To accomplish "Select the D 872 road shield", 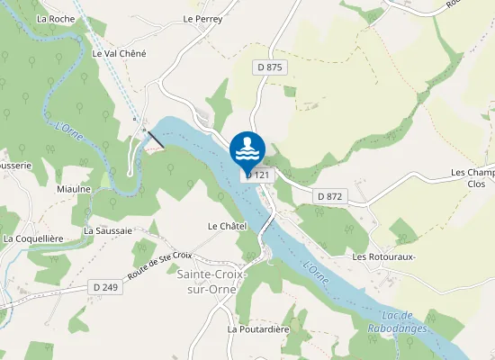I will pos(331,195).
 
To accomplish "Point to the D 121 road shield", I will pos(258,175).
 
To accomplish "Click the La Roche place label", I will pos(56,18).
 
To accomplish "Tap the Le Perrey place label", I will pos(202,18).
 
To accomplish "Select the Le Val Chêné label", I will pos(119,53).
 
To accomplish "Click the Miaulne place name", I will pos(74,189).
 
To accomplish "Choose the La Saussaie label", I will pos(108,230).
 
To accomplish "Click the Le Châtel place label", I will pos(227,226).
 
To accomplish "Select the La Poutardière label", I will pos(257,329).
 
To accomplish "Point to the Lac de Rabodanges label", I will pos(397,321).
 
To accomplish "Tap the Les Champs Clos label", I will pos(473,177).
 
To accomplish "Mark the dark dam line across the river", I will pos(156,139).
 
